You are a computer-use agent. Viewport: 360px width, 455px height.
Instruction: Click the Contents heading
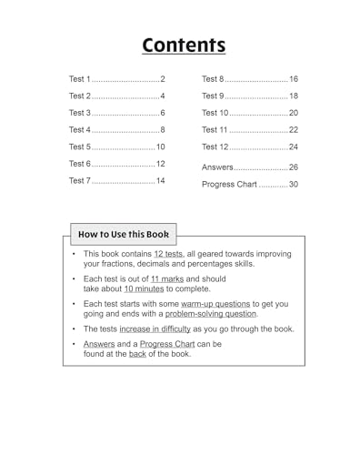[x=183, y=45]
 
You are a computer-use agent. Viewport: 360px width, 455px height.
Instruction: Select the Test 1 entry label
[x=80, y=79]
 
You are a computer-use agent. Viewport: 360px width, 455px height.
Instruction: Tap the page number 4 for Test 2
[x=162, y=96]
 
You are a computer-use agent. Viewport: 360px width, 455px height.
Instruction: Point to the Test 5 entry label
[x=80, y=147]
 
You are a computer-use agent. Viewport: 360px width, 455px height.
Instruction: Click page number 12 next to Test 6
[x=160, y=164]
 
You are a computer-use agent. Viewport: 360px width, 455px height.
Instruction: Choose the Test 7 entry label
[x=80, y=181]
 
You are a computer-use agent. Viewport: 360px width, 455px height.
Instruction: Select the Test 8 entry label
[x=213, y=79]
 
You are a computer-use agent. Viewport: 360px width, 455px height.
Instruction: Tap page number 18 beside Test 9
[x=293, y=96]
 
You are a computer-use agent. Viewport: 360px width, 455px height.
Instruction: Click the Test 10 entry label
[x=215, y=113]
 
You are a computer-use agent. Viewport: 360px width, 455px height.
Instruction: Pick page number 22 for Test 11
[x=293, y=129]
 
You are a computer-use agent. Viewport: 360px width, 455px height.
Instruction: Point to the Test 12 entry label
[x=215, y=147]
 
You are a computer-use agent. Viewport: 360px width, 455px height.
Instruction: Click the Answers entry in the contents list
[x=218, y=167]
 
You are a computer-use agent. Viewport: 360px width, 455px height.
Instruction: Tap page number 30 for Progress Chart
[x=293, y=184]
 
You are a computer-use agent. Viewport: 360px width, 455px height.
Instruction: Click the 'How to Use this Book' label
[x=120, y=234]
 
